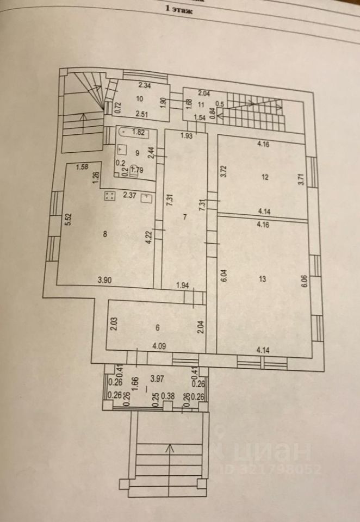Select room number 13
[x=263, y=279]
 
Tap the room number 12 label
[x=264, y=177]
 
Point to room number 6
[x=157, y=327]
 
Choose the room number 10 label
[x=140, y=99]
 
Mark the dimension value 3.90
[x=105, y=281]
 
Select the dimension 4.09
[x=160, y=345]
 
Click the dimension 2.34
[x=144, y=85]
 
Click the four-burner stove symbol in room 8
[x=109, y=196]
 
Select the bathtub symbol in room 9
[x=135, y=131]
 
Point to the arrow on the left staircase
[x=82, y=119]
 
